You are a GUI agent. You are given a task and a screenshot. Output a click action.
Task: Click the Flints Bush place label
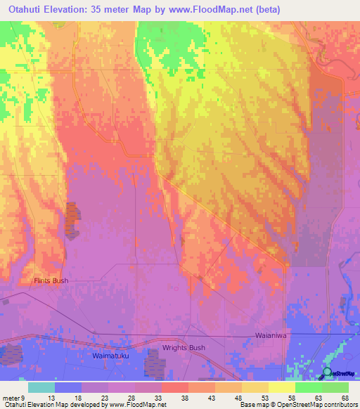51,281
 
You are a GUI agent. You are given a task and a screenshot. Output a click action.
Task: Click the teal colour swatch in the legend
41,387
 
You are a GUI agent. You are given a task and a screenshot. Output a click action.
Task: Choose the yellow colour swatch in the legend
282,387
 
